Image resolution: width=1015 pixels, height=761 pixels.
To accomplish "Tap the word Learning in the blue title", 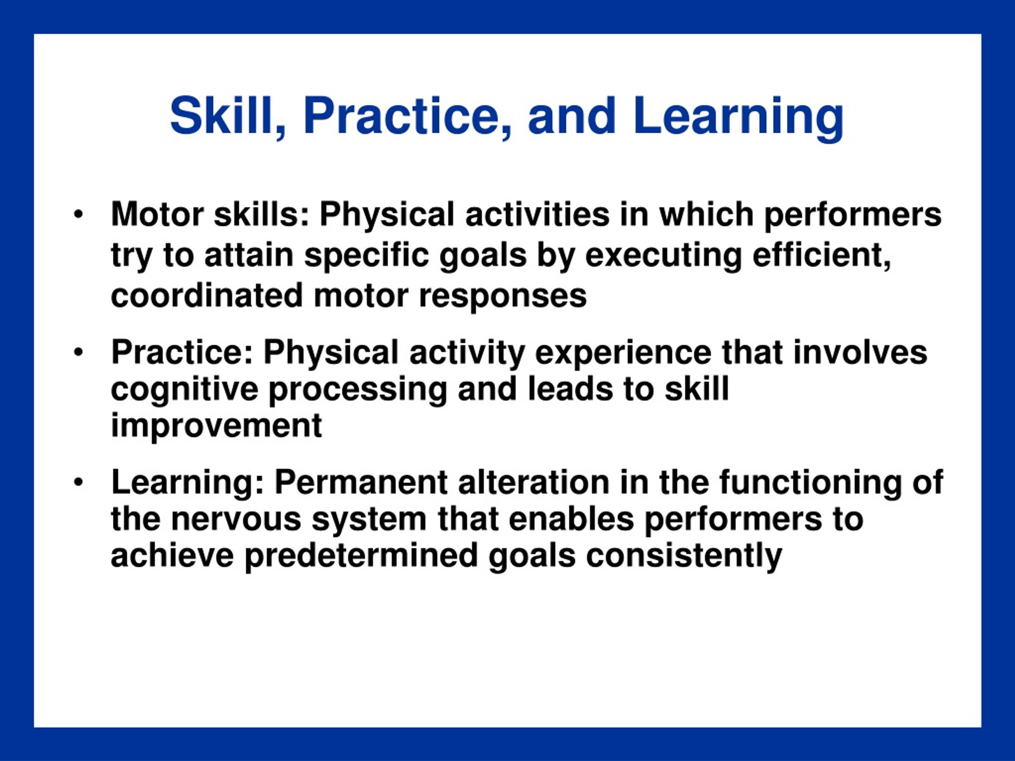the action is [x=738, y=119].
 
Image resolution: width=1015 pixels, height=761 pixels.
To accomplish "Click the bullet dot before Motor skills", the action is [x=79, y=215].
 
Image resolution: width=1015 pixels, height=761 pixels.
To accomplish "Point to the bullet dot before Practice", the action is [x=79, y=353].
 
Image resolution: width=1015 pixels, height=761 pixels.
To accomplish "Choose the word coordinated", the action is [x=207, y=295].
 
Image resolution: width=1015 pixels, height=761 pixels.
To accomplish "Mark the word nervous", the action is [x=236, y=520].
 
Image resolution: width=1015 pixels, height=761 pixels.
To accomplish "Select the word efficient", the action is [x=822, y=256].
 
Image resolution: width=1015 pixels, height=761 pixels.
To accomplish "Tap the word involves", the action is [x=860, y=353].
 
